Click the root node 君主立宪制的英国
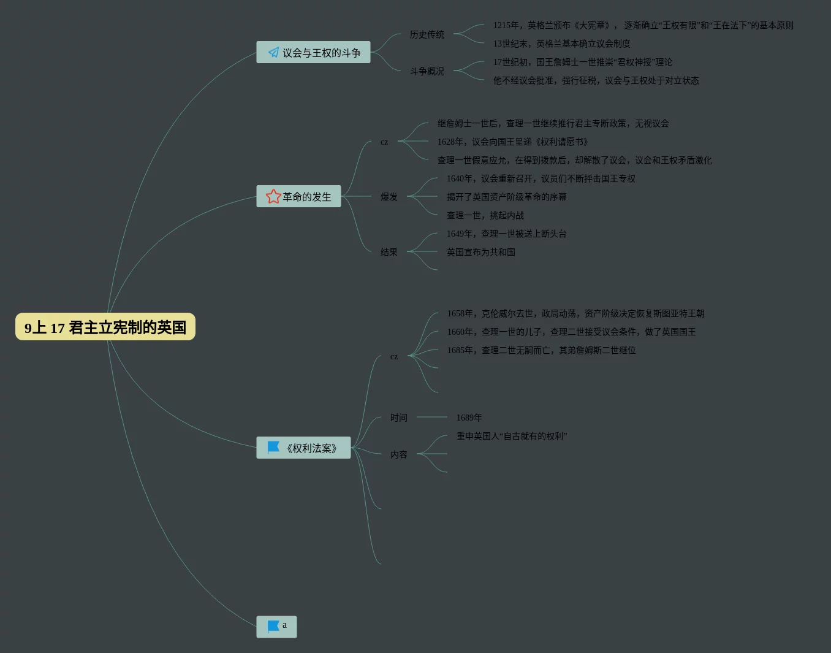(105, 327)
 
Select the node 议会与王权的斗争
(313, 53)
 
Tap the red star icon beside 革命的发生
(273, 196)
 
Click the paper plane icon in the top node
(273, 53)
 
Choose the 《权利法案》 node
(303, 448)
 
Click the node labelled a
(276, 626)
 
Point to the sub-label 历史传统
(427, 35)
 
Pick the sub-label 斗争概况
(427, 72)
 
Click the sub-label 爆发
(389, 197)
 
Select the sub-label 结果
(389, 252)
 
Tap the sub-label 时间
(399, 418)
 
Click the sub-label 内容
(399, 454)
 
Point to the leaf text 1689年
(469, 418)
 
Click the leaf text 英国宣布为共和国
(481, 252)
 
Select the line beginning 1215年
(643, 25)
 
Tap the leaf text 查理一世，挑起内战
(485, 215)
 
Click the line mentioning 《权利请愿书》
(513, 142)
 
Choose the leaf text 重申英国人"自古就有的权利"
(512, 436)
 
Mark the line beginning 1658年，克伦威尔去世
(576, 313)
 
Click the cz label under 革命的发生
(384, 142)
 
